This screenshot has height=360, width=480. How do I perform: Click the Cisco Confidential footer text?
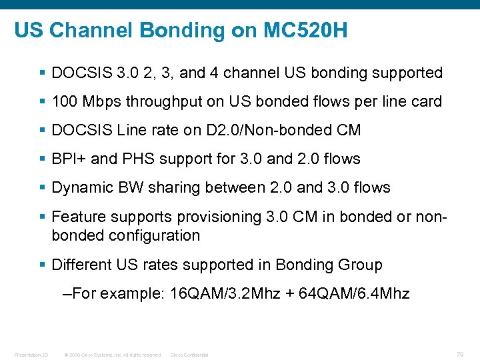click(189, 355)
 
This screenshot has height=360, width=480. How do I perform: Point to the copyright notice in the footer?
click(113, 355)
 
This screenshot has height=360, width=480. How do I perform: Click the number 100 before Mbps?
click(64, 101)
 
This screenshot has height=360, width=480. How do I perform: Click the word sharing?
click(179, 187)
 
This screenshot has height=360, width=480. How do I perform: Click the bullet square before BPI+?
click(44, 159)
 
